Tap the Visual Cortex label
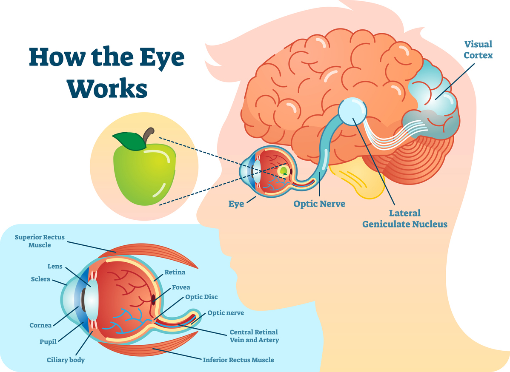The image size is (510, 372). pyautogui.click(x=478, y=49)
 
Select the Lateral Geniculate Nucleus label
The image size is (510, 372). pyautogui.click(x=405, y=218)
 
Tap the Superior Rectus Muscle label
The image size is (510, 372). pyautogui.click(x=40, y=241)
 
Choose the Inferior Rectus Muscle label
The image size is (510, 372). pyautogui.click(x=238, y=360)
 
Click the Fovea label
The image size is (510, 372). pyautogui.click(x=181, y=287)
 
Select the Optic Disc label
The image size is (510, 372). pyautogui.click(x=201, y=297)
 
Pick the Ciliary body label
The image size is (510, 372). pyautogui.click(x=66, y=360)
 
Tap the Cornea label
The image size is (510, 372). pyautogui.click(x=40, y=325)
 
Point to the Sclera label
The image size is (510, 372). pyautogui.click(x=40, y=279)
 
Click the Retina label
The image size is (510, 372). pyautogui.click(x=175, y=272)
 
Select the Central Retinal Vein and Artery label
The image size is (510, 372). pyautogui.click(x=254, y=336)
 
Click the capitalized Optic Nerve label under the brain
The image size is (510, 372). pyautogui.click(x=319, y=204)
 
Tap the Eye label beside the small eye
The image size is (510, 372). pyautogui.click(x=236, y=204)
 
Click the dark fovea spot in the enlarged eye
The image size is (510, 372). pyautogui.click(x=153, y=299)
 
